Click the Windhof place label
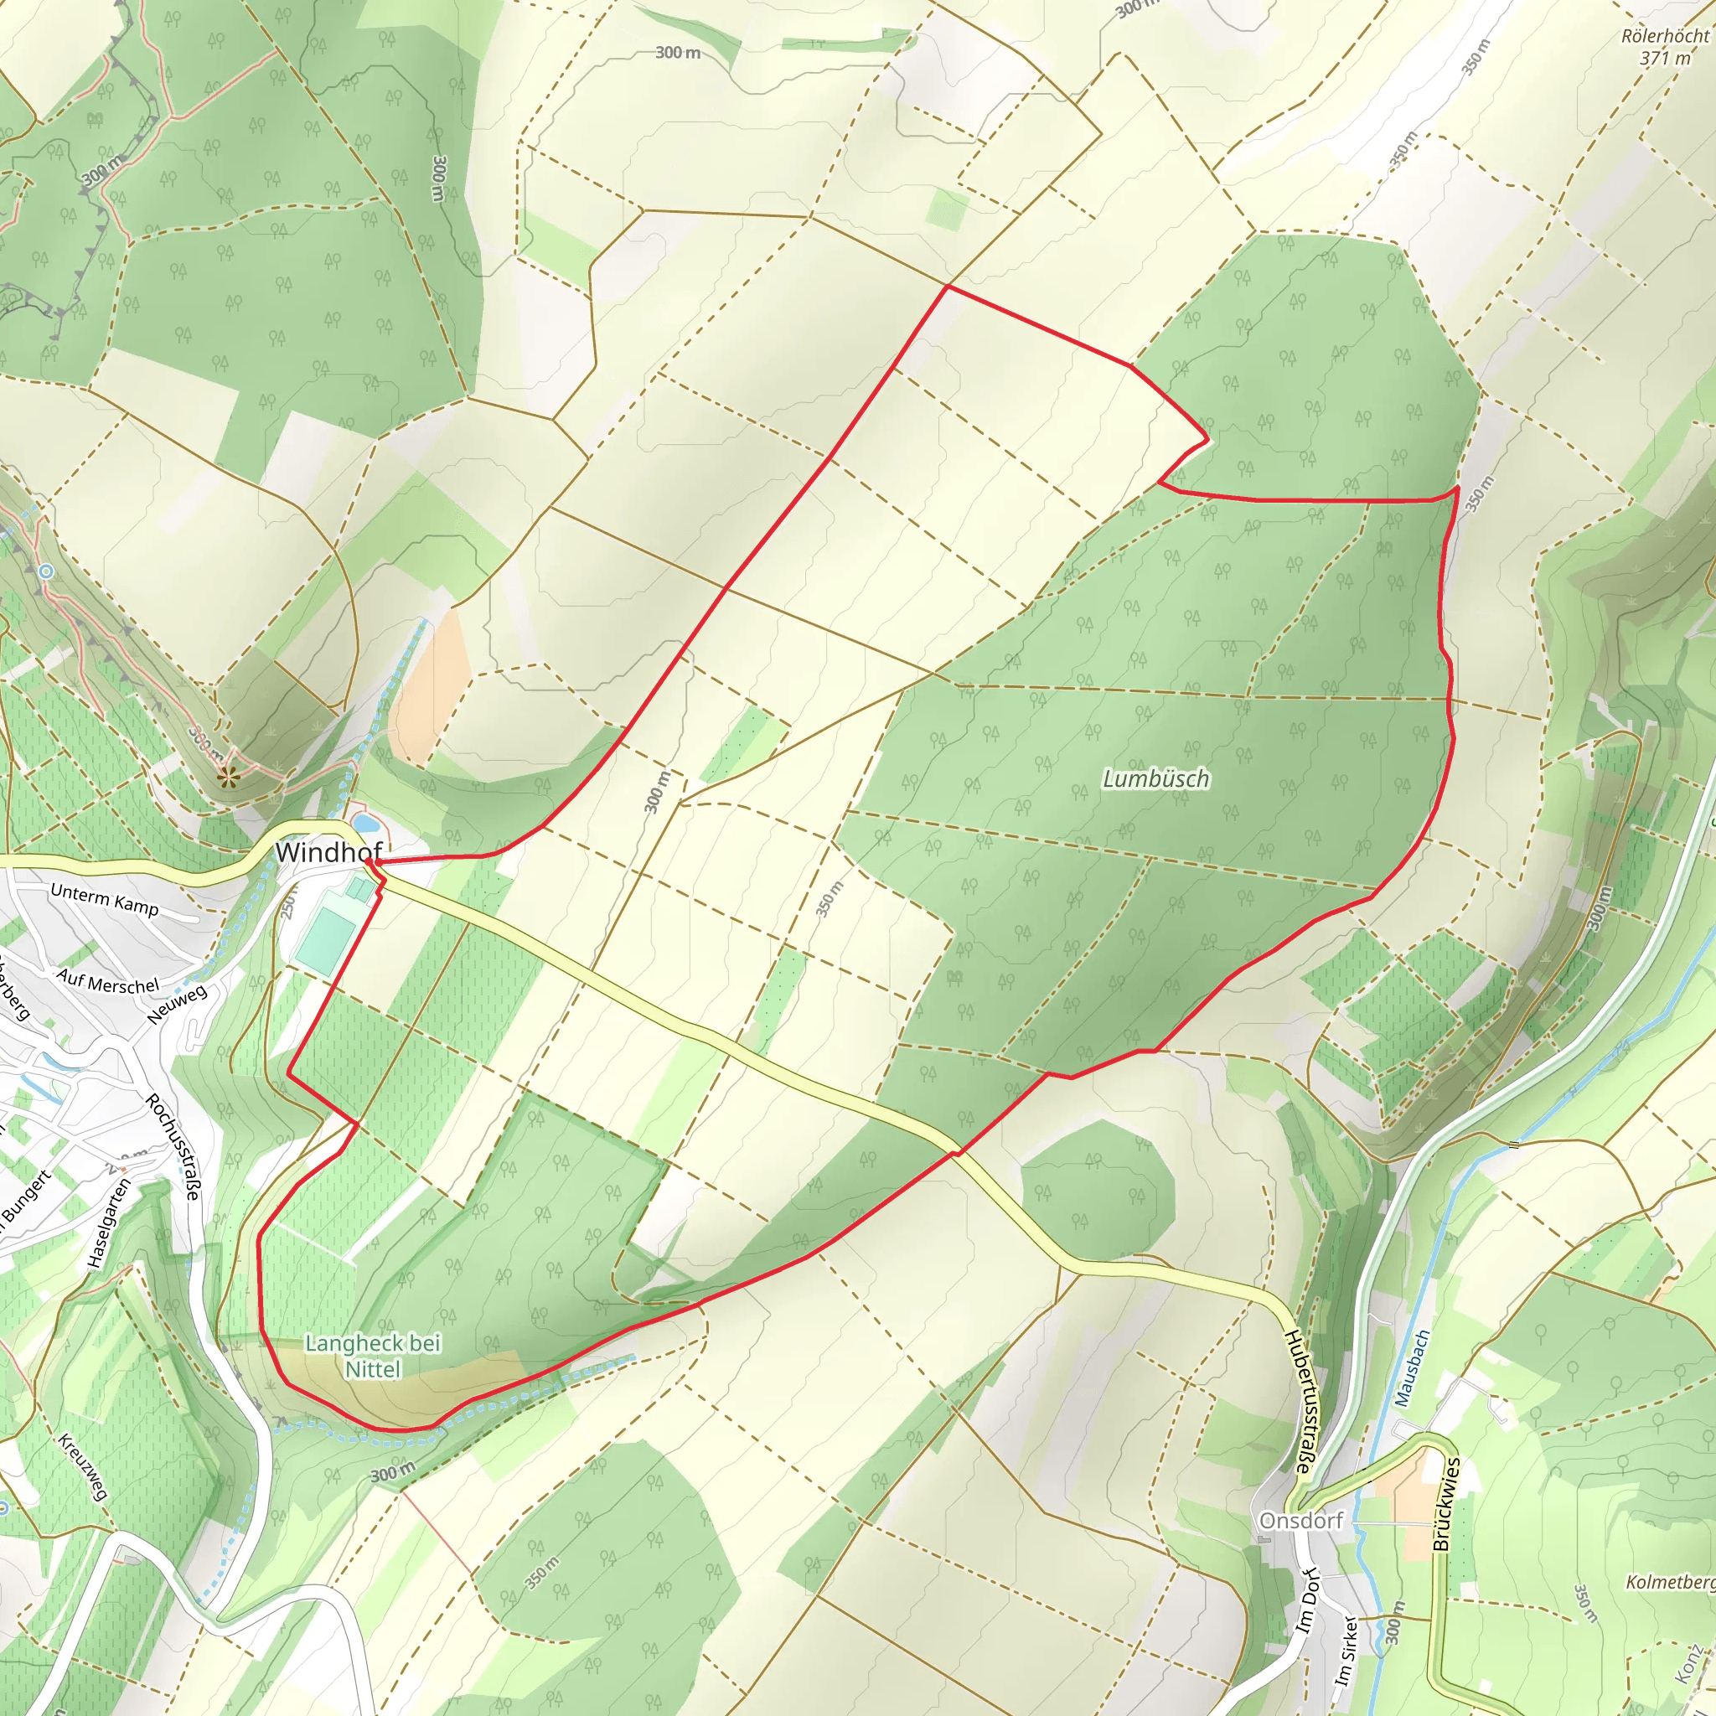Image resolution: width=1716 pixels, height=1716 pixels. (x=328, y=853)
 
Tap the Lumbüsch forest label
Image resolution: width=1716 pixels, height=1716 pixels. (x=1155, y=779)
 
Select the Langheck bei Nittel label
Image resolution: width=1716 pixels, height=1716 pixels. (x=373, y=1356)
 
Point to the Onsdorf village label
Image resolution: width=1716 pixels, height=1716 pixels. (x=1301, y=1521)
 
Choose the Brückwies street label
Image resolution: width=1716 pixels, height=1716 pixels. (x=1446, y=1504)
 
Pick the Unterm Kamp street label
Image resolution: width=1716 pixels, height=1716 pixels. (x=105, y=899)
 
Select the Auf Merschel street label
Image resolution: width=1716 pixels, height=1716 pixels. (x=108, y=981)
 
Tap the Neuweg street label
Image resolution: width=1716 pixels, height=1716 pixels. (x=178, y=1005)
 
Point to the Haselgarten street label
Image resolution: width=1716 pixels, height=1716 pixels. (x=109, y=1222)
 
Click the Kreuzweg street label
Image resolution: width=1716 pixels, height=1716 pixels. (x=83, y=1466)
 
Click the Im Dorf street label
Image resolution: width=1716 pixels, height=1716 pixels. (x=1308, y=1600)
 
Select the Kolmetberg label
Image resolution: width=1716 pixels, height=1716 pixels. (x=1670, y=1582)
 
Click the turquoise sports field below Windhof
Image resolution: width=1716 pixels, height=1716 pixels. (x=326, y=938)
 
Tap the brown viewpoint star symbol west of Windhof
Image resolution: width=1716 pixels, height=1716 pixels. (x=228, y=778)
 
